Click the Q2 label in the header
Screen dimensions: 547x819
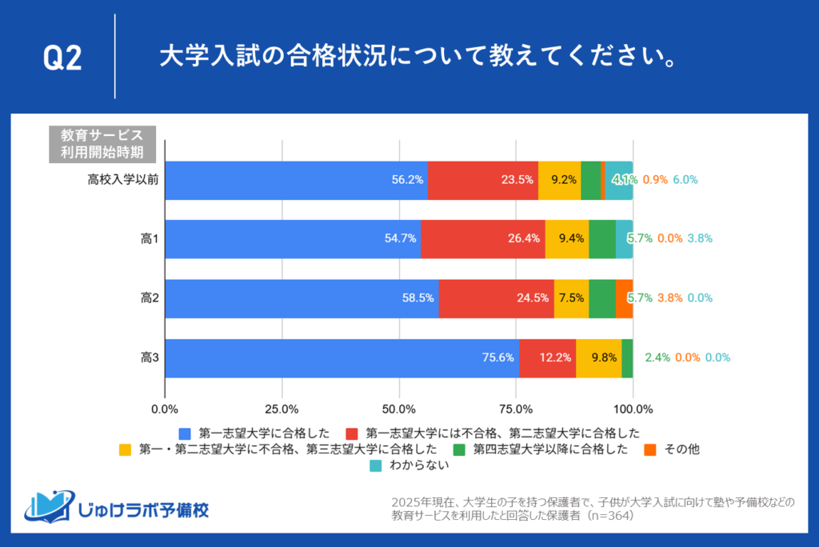click(x=62, y=58)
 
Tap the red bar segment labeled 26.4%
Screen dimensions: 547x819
click(x=482, y=238)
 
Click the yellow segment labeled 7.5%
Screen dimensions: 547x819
click(x=571, y=298)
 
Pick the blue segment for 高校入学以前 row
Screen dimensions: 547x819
click(x=296, y=180)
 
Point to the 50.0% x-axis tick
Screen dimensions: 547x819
click(x=399, y=409)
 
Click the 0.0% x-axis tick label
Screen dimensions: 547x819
click(x=165, y=409)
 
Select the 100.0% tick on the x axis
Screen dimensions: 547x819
click(x=633, y=409)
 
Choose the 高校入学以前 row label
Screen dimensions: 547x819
click(x=122, y=180)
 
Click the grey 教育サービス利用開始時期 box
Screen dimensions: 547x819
click(x=102, y=143)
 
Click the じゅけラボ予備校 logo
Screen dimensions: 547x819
click(x=117, y=507)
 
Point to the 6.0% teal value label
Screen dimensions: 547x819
click(x=685, y=180)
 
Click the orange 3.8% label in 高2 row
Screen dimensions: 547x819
click(x=669, y=298)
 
